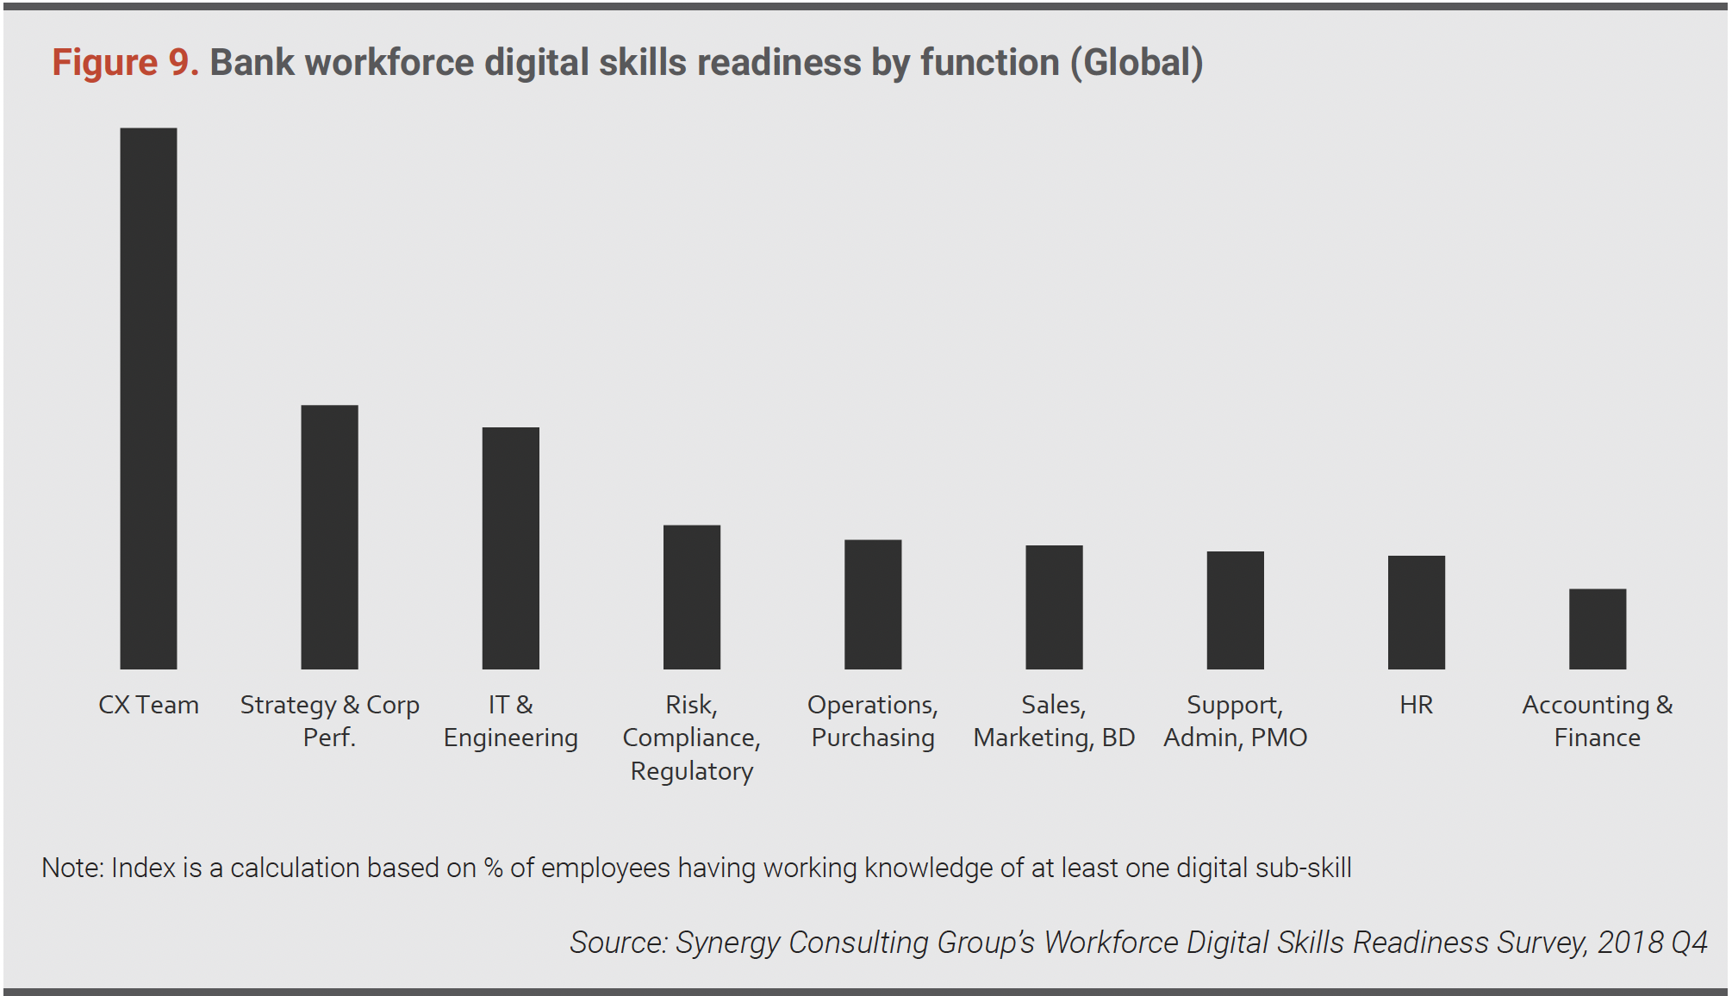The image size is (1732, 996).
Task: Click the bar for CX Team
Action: point(148,398)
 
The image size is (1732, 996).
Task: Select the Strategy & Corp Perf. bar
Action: point(329,537)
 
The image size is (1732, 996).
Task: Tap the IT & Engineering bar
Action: point(510,548)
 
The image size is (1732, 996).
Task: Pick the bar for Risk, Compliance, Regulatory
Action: point(691,597)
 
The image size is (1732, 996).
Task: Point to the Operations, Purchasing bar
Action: point(872,604)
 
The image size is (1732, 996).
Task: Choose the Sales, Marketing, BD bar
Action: point(1054,607)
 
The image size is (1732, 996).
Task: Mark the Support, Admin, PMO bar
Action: point(1235,610)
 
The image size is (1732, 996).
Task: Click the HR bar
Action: point(1416,612)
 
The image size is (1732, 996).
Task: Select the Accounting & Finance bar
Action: point(1597,629)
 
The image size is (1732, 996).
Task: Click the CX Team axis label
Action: point(148,705)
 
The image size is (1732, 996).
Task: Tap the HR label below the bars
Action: point(1416,705)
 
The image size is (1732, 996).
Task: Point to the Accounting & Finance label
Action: point(1597,721)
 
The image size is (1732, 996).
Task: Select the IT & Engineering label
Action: point(510,721)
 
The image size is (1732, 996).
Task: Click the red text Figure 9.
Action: point(125,63)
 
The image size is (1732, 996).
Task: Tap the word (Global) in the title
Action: point(1137,63)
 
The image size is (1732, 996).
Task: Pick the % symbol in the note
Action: point(494,868)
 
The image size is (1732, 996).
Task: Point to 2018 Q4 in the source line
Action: point(1652,943)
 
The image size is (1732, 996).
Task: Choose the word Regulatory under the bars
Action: point(691,771)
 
